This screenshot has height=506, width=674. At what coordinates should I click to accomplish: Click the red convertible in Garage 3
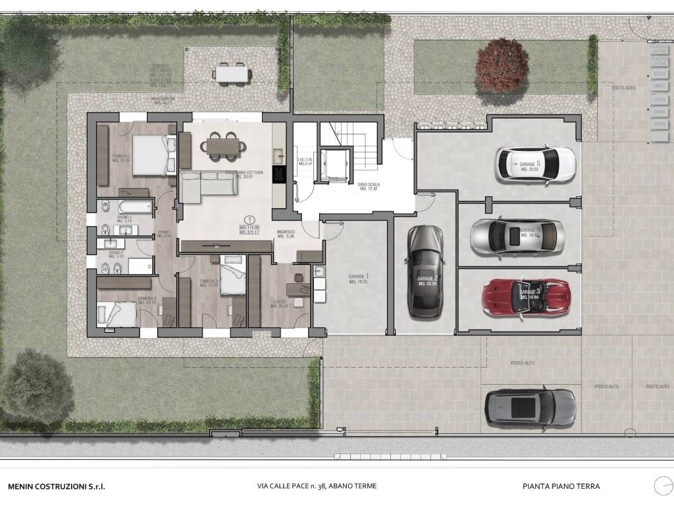pyautogui.click(x=525, y=295)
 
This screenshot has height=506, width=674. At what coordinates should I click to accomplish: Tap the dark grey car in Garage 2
pyautogui.click(x=425, y=271)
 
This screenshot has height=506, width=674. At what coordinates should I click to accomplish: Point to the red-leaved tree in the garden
pyautogui.click(x=502, y=65)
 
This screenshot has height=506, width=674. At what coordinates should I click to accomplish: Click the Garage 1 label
pyautogui.click(x=359, y=279)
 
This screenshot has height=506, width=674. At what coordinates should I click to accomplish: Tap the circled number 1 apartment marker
pyautogui.click(x=249, y=219)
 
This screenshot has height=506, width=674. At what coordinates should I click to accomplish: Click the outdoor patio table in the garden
pyautogui.click(x=232, y=74)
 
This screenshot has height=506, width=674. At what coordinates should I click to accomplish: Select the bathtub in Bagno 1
pyautogui.click(x=135, y=208)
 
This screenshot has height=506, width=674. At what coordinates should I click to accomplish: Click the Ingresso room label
pyautogui.click(x=286, y=234)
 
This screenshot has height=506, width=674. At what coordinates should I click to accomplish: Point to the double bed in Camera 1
pyautogui.click(x=152, y=155)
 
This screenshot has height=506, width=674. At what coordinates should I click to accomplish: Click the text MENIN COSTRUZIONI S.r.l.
pyautogui.click(x=56, y=487)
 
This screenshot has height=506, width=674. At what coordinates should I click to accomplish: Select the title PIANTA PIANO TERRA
pyautogui.click(x=561, y=487)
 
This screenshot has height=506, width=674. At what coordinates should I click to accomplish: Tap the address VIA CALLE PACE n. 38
pyautogui.click(x=317, y=487)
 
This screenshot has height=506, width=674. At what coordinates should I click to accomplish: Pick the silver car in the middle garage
pyautogui.click(x=517, y=236)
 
